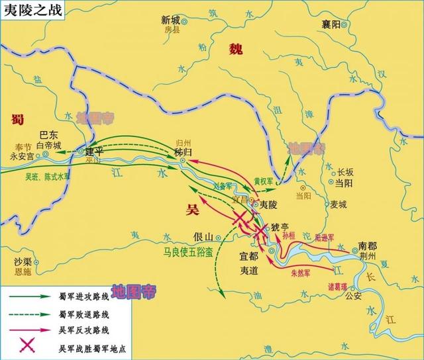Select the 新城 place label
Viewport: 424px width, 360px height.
[171, 21]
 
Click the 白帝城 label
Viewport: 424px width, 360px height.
[48, 145]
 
